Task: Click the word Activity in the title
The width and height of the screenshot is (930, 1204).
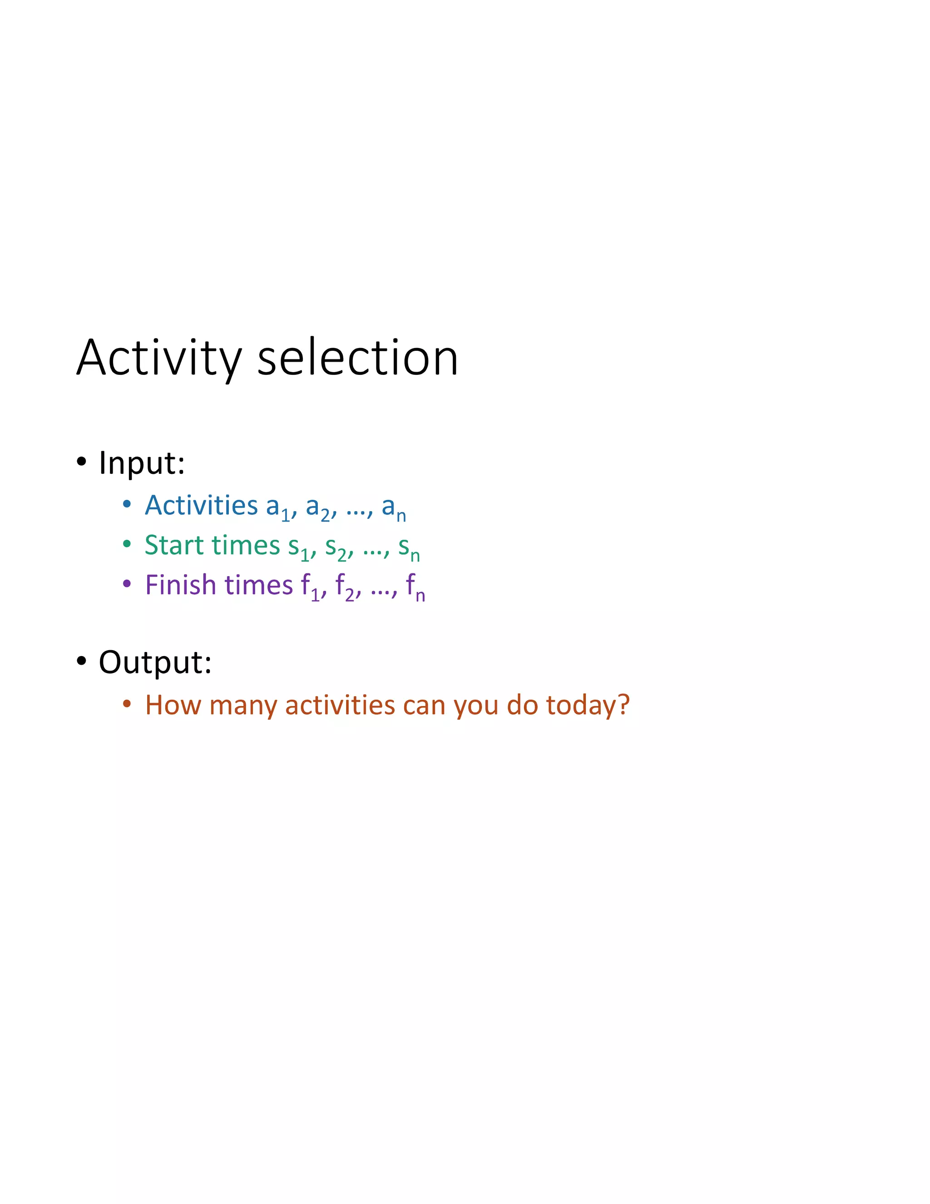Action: tap(158, 359)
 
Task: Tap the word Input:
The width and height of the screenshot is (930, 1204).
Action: tap(142, 463)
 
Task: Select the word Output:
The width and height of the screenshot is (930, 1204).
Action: tap(155, 662)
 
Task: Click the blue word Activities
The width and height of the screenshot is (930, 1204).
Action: tap(201, 506)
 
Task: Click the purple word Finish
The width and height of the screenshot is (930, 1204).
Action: tap(180, 586)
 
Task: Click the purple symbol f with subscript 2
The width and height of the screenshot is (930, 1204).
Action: tap(344, 587)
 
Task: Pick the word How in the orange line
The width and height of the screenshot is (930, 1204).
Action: tap(173, 705)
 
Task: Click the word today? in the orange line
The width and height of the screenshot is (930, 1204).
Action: tap(587, 706)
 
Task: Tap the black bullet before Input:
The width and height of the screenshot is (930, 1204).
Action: tap(82, 462)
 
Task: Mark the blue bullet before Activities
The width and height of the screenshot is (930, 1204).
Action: tap(127, 504)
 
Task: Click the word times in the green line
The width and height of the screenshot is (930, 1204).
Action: tap(246, 545)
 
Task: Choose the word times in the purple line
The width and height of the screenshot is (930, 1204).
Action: tap(259, 586)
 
